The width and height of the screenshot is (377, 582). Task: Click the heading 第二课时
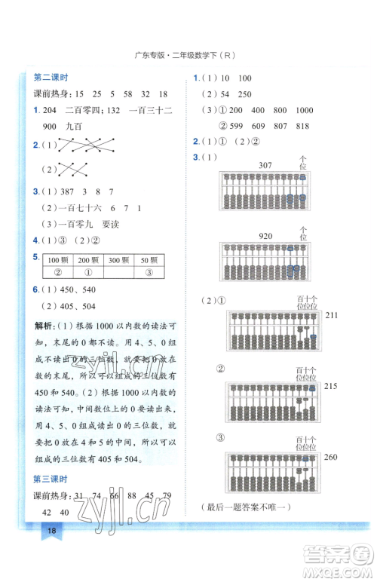point(52,78)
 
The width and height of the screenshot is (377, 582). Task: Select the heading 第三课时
point(52,478)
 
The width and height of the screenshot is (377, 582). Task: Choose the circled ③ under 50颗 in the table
point(150,272)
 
